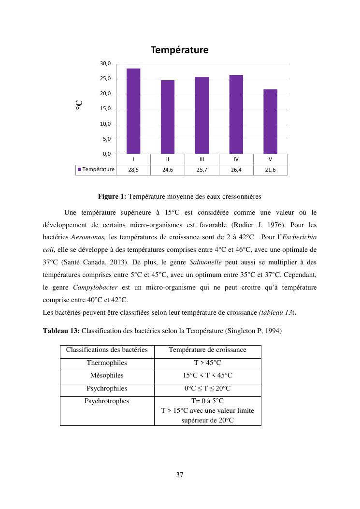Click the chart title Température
179,50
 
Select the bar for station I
133,111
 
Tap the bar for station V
270,121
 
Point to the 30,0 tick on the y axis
106,64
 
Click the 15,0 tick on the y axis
106,109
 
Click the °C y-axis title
79,105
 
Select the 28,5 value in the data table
133,170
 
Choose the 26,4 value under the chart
236,170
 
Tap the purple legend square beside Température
80,169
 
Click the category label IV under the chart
236,159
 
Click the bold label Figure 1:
112,196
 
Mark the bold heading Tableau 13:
61,331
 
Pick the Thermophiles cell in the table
107,363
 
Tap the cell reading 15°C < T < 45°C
207,376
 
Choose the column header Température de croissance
207,350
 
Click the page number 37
180,475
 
